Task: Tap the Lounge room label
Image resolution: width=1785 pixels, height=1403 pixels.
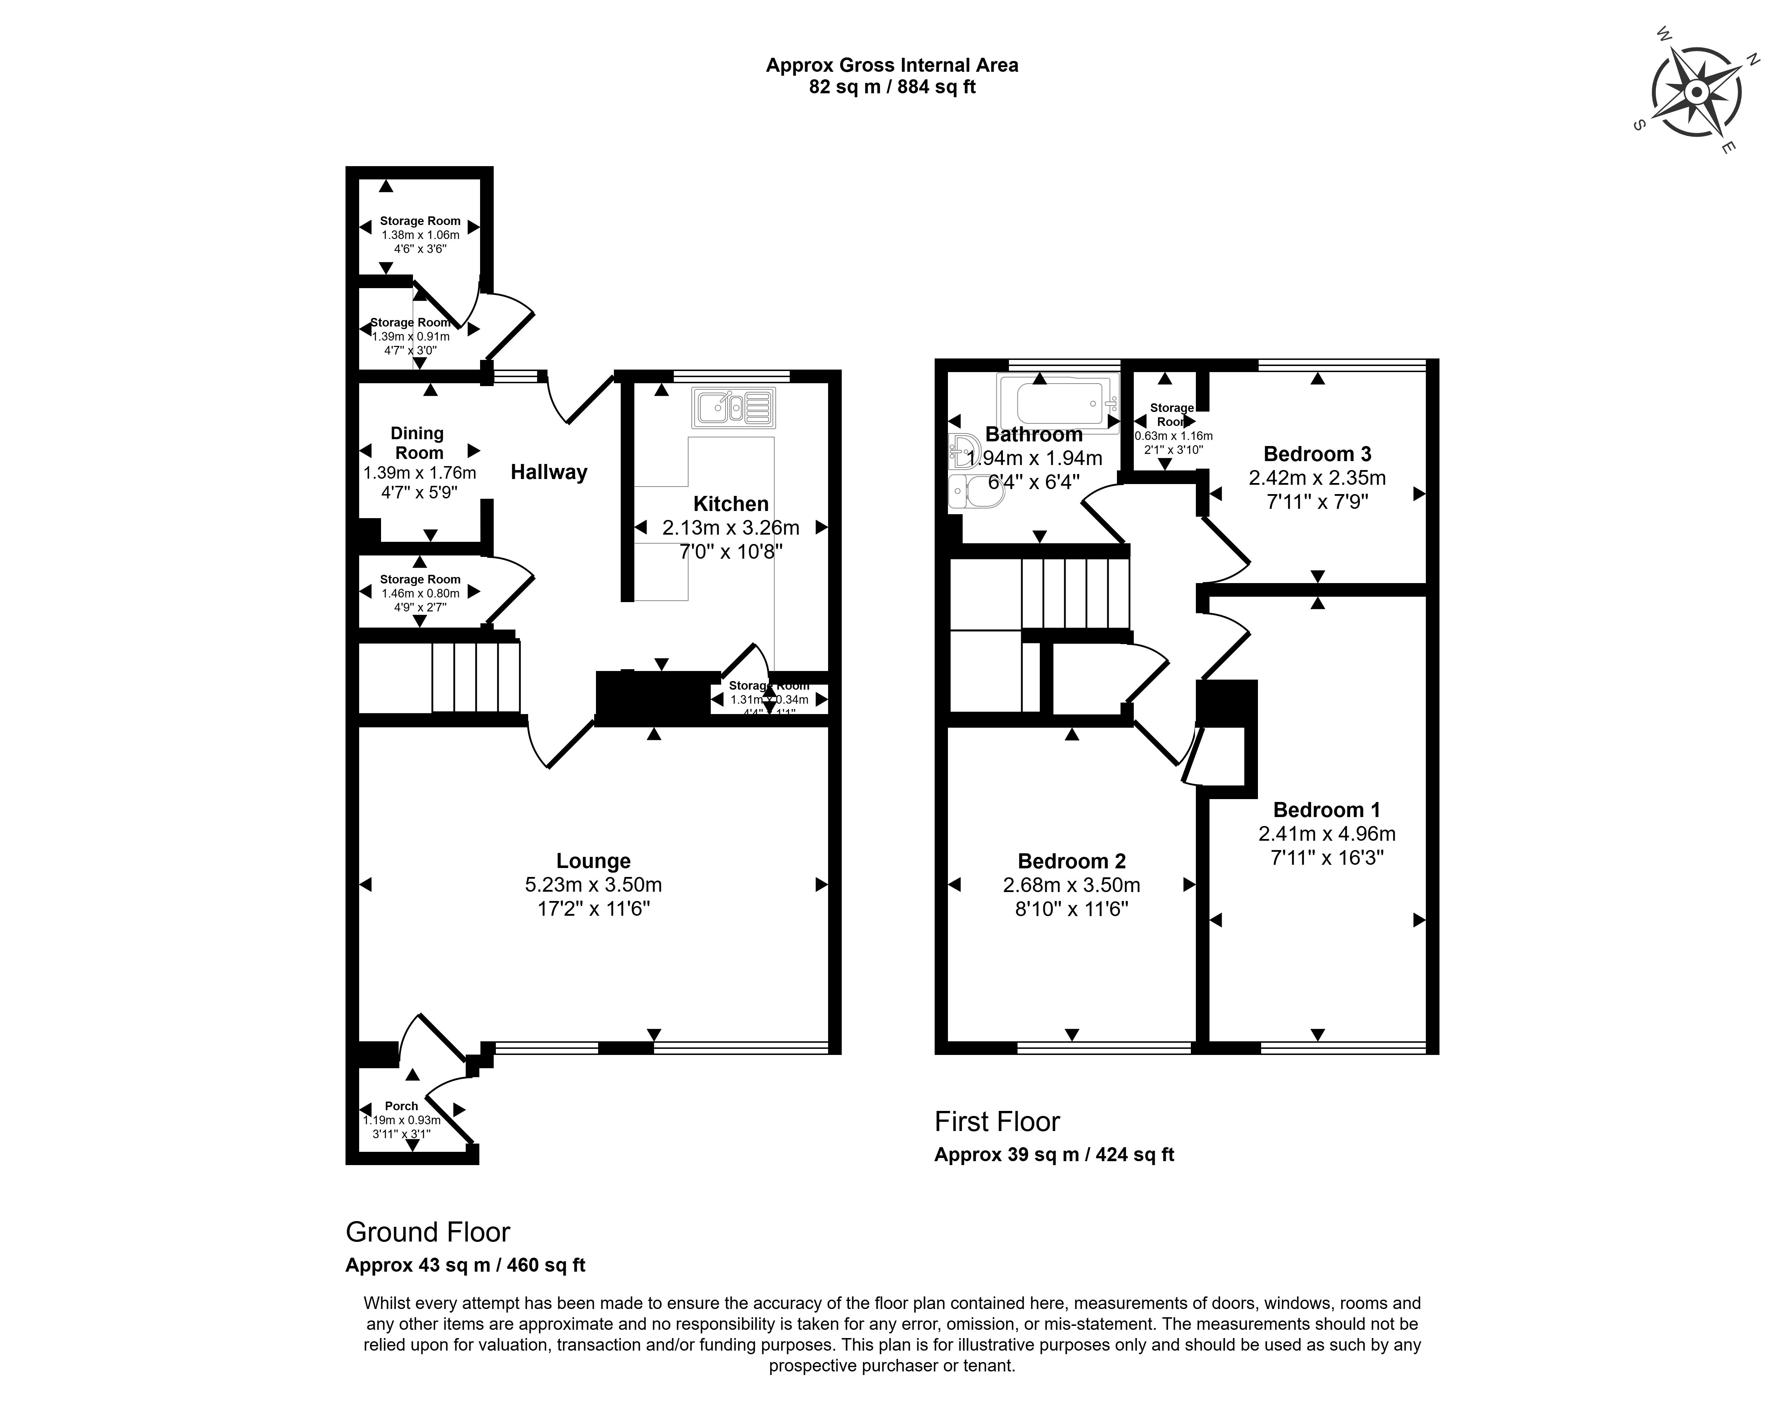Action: click(x=593, y=861)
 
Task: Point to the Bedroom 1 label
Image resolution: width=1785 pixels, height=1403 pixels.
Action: click(x=1326, y=810)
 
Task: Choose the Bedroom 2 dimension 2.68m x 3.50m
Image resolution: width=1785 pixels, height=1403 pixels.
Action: click(x=1071, y=884)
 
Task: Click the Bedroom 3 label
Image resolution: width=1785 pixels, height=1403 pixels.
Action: click(x=1317, y=454)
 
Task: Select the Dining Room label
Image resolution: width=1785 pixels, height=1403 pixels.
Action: click(x=418, y=443)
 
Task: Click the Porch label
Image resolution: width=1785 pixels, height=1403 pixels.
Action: click(x=402, y=1106)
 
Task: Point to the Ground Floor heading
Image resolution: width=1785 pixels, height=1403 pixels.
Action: click(x=427, y=1232)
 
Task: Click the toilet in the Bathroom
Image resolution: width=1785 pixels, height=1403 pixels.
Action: click(x=969, y=493)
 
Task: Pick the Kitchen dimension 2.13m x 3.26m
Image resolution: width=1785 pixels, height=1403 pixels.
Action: click(x=730, y=527)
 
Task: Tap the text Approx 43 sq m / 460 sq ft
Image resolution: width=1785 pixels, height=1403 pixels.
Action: click(x=465, y=1265)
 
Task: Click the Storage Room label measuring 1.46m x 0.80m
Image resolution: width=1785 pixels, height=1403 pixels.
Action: click(x=420, y=579)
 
